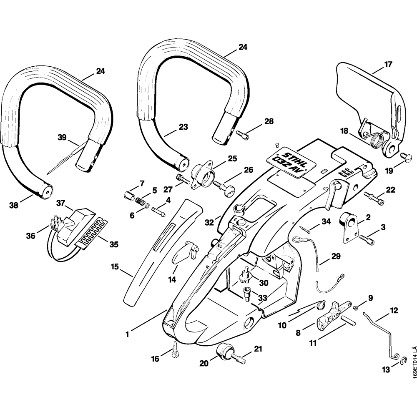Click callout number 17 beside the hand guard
tap(388, 65)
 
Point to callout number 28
tap(269, 121)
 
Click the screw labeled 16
tap(175, 347)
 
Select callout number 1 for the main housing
tap(128, 334)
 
